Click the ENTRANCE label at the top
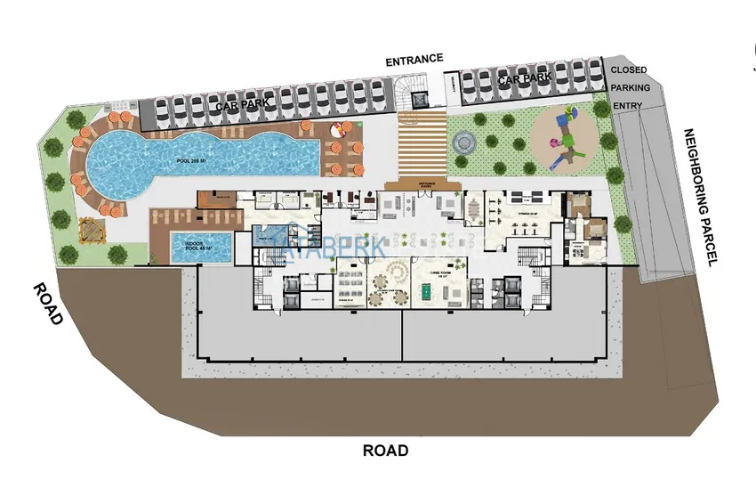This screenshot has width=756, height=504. (x=414, y=60)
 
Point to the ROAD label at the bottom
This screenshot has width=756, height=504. (x=385, y=451)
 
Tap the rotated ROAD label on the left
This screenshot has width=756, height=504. (x=48, y=304)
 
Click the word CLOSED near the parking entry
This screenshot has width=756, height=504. (x=629, y=69)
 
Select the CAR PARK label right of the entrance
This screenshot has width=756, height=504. (x=525, y=79)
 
